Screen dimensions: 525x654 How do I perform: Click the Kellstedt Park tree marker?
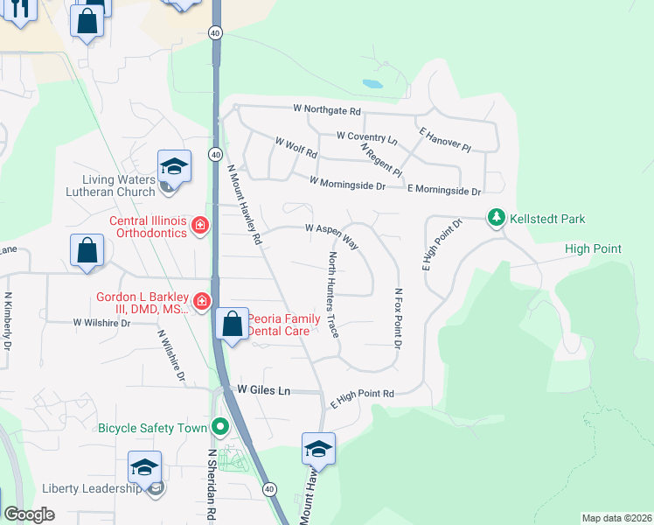tap(497, 217)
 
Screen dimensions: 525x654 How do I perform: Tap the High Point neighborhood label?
tap(605, 249)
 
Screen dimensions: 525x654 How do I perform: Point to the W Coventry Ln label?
tap(367, 137)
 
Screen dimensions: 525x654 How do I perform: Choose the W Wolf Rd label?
tap(296, 147)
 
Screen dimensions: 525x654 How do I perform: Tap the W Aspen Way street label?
tap(332, 234)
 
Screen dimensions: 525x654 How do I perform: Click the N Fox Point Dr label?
tap(398, 318)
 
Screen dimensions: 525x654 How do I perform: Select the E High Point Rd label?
tap(362, 400)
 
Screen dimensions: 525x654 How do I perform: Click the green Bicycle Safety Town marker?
tap(219, 428)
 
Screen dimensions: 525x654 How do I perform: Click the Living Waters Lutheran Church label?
tap(110, 185)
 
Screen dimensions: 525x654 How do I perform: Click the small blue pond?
tap(372, 85)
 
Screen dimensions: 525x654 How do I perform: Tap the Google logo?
tap(29, 514)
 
